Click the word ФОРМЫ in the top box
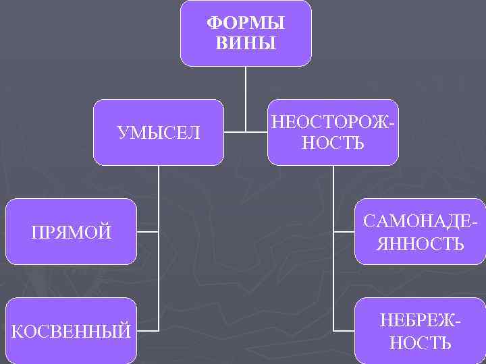tap(245, 23)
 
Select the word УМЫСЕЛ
tap(159, 133)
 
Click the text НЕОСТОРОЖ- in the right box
tap(332, 123)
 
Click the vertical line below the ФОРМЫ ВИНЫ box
tap(245, 94)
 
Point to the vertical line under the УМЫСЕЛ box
tap(159, 202)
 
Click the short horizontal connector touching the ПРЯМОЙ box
tap(148, 233)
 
